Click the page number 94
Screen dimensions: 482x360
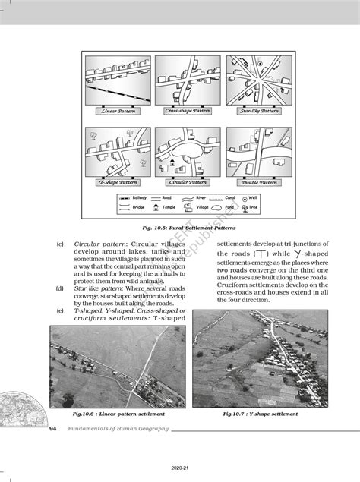click(53, 429)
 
